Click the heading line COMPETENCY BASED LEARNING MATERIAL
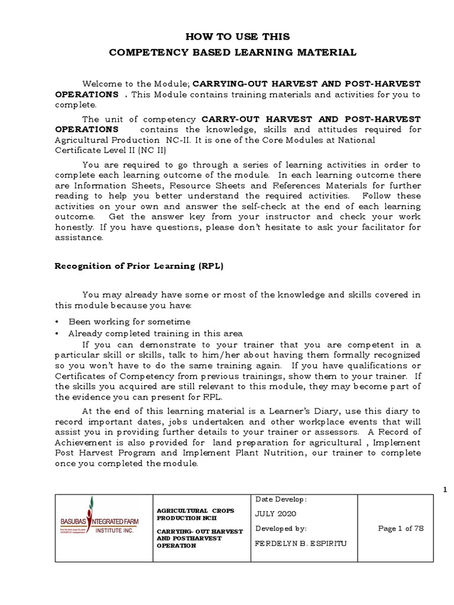(x=233, y=53)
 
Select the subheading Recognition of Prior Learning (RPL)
(x=139, y=266)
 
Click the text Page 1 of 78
(x=400, y=528)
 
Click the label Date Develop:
(x=280, y=499)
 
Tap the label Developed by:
(x=280, y=528)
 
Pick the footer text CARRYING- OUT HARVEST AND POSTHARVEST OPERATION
(x=199, y=538)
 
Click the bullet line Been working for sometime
(x=129, y=321)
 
